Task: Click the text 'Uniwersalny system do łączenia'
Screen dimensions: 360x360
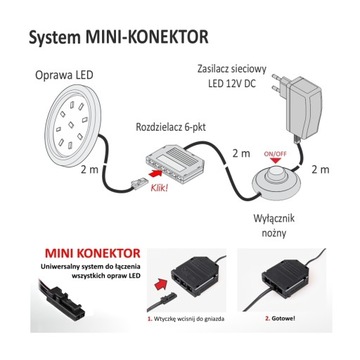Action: [x=78, y=279]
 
